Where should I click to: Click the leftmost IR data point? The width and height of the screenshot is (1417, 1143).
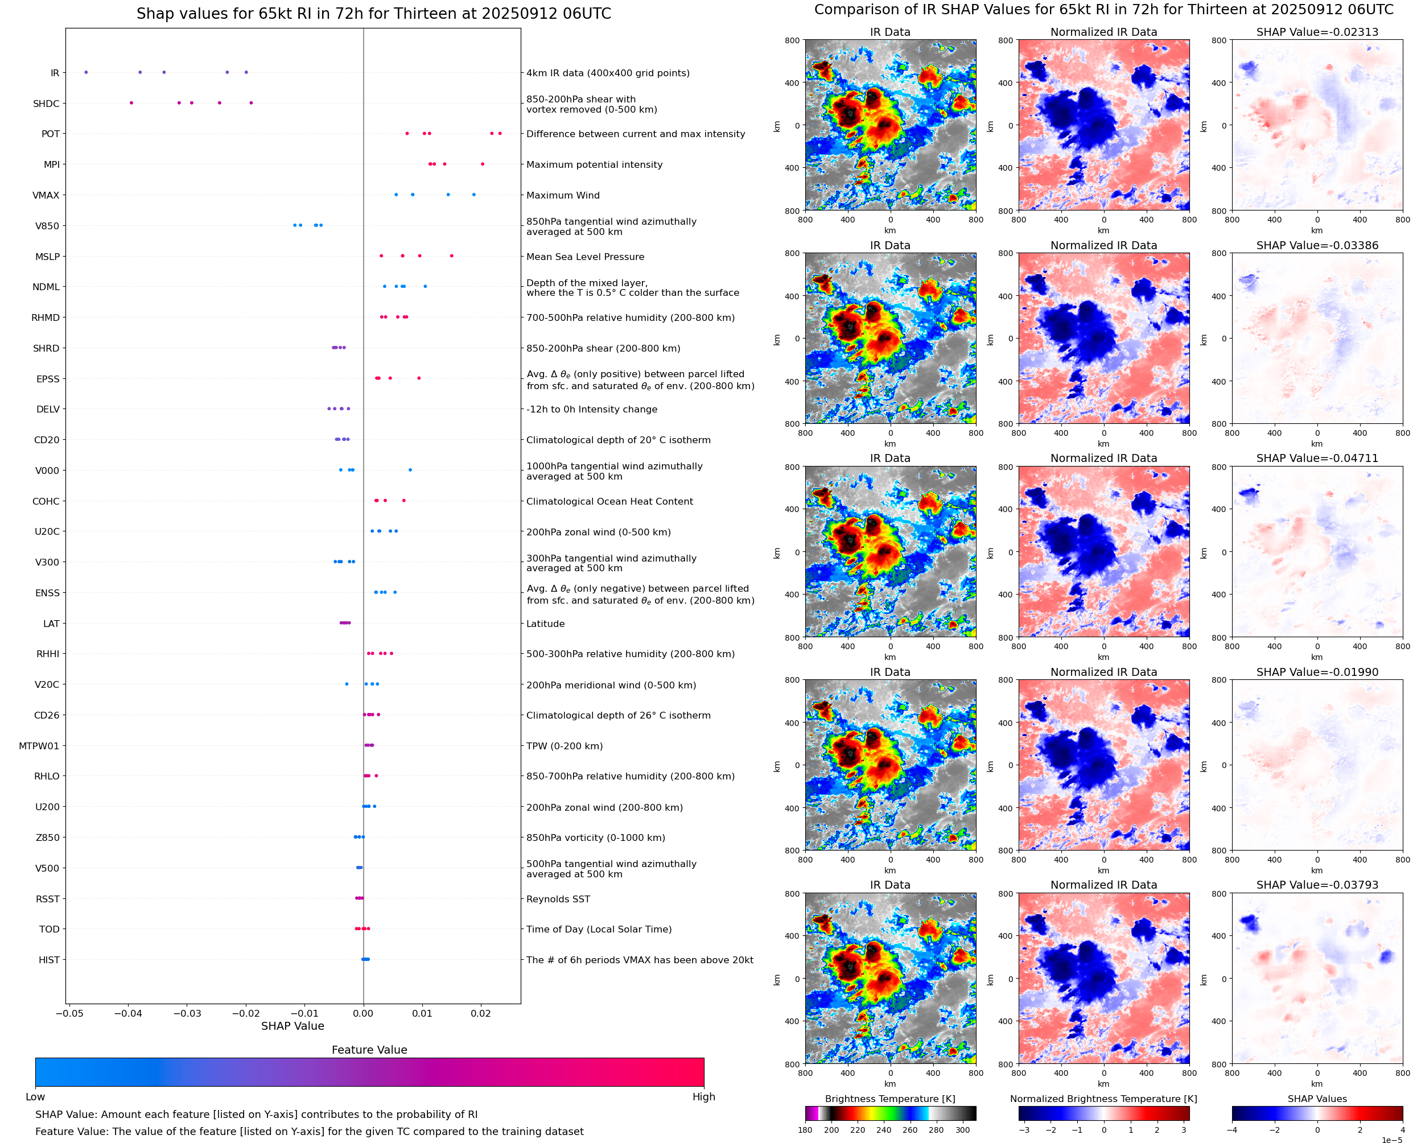[x=85, y=72]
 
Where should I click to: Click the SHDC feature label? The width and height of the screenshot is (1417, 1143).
[x=46, y=104]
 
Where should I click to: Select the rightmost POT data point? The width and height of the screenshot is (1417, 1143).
[x=500, y=134]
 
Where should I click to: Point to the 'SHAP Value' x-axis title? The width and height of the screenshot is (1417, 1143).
[x=293, y=1026]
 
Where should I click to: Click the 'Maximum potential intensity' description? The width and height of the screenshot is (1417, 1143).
[x=594, y=164]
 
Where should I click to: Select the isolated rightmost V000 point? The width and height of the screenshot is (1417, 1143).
[x=410, y=470]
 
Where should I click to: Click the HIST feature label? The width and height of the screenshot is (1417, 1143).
[x=49, y=960]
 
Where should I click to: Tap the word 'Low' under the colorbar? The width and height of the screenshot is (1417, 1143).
[x=35, y=1097]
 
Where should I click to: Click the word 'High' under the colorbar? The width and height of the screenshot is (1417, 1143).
[x=703, y=1097]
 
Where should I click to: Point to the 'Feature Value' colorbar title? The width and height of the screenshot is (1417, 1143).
[x=369, y=1050]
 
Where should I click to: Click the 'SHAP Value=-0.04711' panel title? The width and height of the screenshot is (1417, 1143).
[x=1317, y=458]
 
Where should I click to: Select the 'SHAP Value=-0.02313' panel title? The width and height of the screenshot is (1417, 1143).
[x=1317, y=32]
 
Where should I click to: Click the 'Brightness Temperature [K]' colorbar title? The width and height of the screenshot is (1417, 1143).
[x=889, y=1099]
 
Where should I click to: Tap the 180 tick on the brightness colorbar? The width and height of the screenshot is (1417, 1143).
[x=805, y=1130]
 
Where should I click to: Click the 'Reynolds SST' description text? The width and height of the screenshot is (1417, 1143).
[x=558, y=899]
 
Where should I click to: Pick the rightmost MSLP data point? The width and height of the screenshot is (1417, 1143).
[x=451, y=255]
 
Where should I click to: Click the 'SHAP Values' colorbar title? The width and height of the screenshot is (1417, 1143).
[x=1317, y=1099]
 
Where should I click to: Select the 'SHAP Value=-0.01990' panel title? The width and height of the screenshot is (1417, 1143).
[x=1317, y=672]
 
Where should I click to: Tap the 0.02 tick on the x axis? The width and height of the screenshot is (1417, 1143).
[x=481, y=1013]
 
